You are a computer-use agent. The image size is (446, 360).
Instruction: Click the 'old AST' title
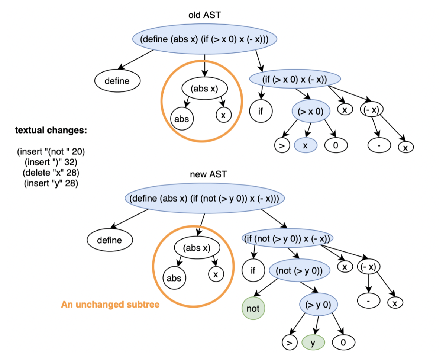pos(204,15)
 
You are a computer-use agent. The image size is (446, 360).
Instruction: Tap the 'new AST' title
pos(208,174)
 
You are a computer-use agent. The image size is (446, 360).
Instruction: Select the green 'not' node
pos(253,308)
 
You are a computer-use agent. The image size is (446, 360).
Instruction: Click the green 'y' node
pos(313,343)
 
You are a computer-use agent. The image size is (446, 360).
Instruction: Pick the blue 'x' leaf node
pos(306,145)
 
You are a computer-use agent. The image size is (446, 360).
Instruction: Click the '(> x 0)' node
pos(311,111)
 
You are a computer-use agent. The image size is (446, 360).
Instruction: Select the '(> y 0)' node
pos(319,305)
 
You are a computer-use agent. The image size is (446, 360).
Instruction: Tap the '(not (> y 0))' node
pos(299,270)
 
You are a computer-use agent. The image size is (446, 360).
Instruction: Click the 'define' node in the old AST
pos(117,81)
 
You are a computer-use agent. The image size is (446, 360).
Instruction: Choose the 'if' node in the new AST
pos(253,270)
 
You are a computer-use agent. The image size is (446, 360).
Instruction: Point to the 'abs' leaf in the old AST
pos(182,119)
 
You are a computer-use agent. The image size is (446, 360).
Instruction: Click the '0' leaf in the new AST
pos(343,343)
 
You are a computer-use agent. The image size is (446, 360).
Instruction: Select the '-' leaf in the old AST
pos(379,145)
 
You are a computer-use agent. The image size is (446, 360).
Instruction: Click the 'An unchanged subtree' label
pos(110,305)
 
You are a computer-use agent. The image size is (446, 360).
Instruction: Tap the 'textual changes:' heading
pos(51,130)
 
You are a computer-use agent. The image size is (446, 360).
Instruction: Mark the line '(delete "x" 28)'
pos(51,173)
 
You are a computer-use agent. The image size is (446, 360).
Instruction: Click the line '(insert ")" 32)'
pos(51,162)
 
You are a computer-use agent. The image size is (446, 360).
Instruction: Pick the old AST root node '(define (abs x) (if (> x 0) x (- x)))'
pos(204,39)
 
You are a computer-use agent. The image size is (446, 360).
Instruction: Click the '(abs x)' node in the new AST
pos(197,248)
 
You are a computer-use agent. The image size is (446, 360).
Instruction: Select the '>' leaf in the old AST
pos(282,145)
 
